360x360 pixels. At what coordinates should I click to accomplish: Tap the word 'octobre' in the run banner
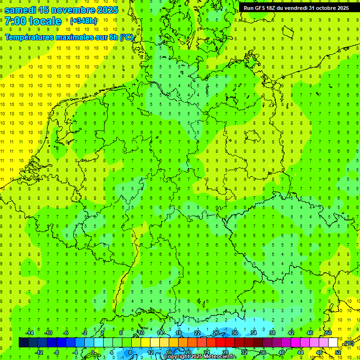pyautogui.click(x=320, y=8)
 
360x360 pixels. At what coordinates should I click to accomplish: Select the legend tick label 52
pyautogui.click(x=338, y=352)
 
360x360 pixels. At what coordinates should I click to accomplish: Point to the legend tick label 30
pyautogui.click(x=234, y=332)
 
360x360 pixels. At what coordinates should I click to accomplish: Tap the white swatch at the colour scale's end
pyautogui.click(x=333, y=343)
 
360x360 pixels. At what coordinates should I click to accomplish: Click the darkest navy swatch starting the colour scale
pyautogui.click(x=23, y=343)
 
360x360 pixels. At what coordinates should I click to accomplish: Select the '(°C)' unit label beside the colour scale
pyautogui.click(x=349, y=344)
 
